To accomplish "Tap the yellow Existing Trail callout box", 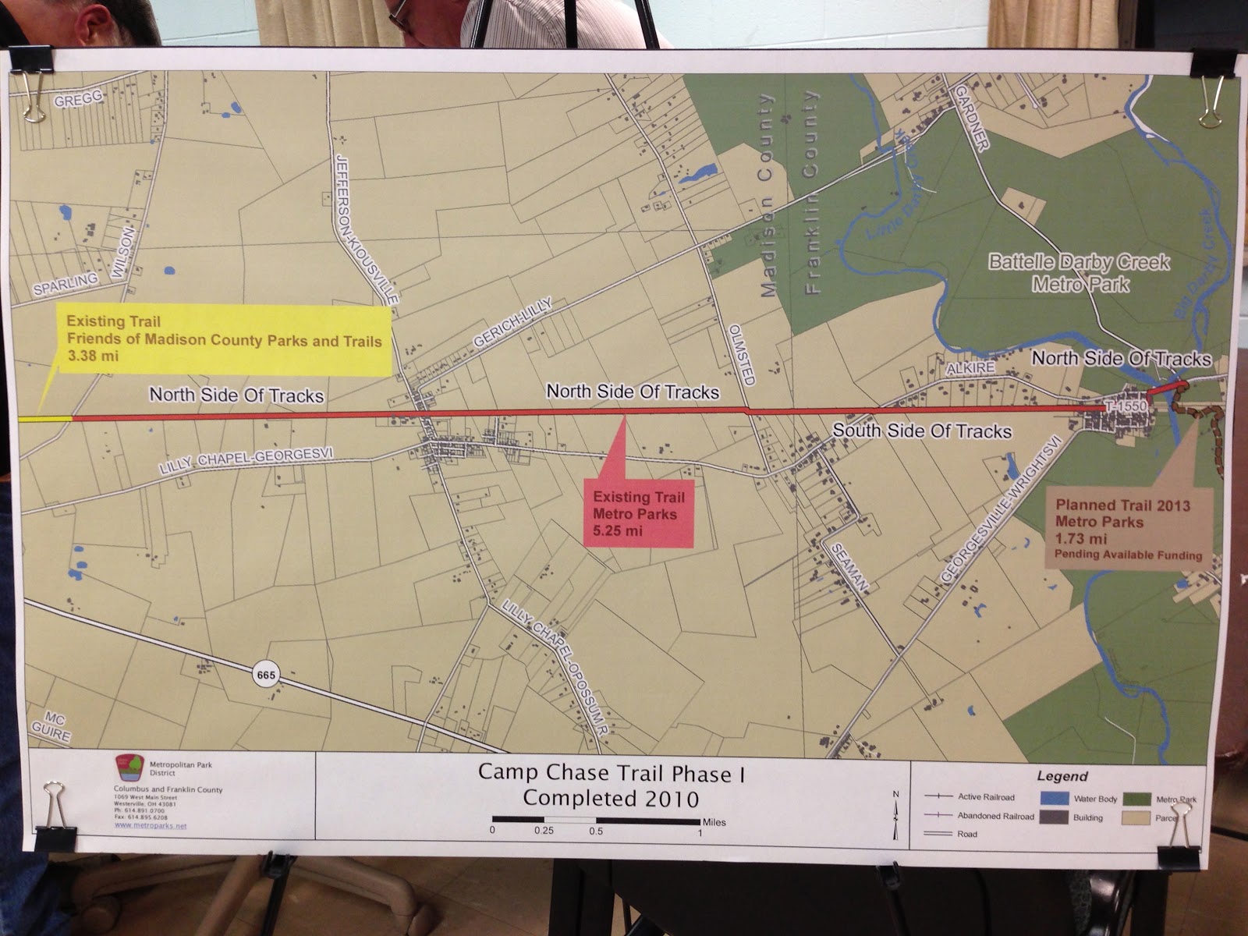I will click(x=224, y=341).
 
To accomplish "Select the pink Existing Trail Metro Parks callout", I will click(x=639, y=514).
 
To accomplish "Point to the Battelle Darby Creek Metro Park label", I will click(x=1079, y=273).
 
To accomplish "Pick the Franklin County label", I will click(x=813, y=192).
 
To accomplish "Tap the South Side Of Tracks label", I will click(x=921, y=431).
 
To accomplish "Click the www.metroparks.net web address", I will click(x=151, y=825).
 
